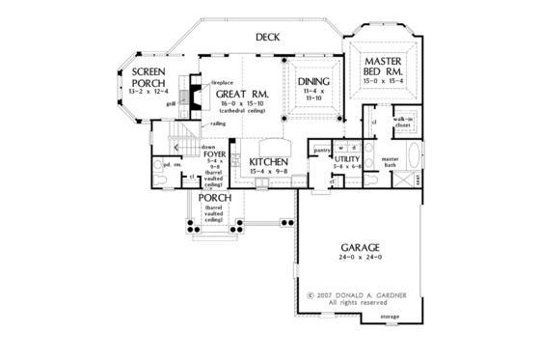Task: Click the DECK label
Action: tap(268, 37)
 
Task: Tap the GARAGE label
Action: tap(359, 246)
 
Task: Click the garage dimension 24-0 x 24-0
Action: tap(359, 258)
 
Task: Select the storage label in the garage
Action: tap(389, 316)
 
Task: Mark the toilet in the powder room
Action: tap(157, 177)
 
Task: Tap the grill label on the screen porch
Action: tap(171, 99)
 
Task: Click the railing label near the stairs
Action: tap(218, 124)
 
